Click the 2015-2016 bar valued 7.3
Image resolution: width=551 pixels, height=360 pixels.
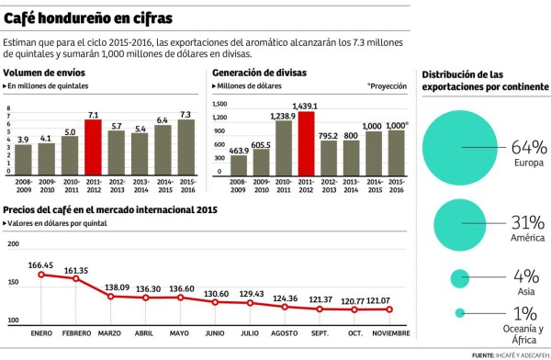tap(186, 148)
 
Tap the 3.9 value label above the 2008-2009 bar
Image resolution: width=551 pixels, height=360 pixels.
tap(24, 139)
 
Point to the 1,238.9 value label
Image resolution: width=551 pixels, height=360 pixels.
tap(283, 117)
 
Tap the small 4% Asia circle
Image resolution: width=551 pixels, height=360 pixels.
tap(460, 278)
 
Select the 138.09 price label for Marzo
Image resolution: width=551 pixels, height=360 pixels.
tap(118, 287)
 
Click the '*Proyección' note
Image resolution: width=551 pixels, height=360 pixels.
tap(387, 85)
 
